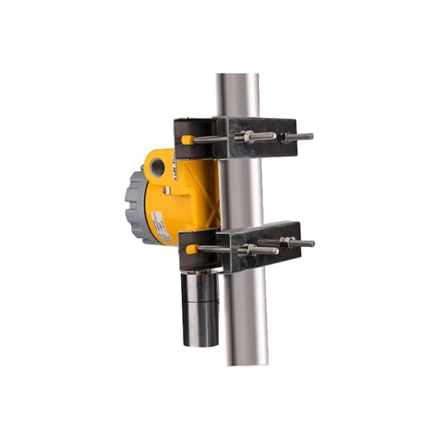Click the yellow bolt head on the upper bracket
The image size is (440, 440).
[187, 140]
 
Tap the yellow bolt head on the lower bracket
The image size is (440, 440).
[191, 250]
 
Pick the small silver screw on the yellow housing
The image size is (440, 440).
[166, 190]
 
